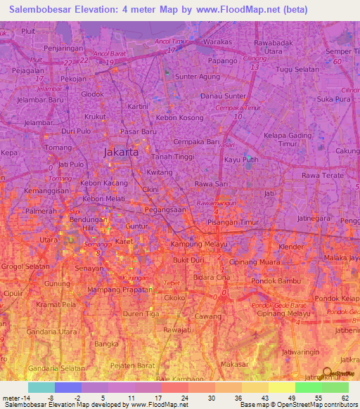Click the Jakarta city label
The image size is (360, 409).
121,151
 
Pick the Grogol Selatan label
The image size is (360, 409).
25,267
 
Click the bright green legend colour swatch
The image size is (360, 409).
308,387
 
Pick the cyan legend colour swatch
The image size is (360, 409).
41,387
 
